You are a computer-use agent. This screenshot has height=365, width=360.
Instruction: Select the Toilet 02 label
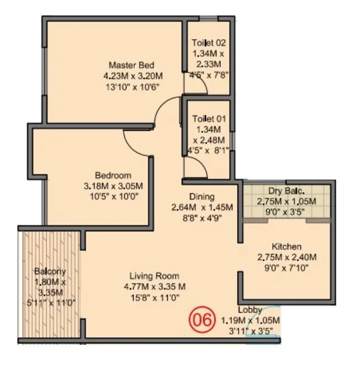click(209, 43)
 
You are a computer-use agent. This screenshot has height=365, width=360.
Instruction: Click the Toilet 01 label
click(209, 119)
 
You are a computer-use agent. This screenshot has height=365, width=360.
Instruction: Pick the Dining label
click(202, 197)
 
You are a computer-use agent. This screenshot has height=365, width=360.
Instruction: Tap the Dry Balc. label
click(287, 191)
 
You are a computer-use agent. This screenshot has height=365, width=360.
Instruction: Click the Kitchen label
click(287, 246)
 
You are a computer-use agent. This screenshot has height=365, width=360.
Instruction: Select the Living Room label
click(155, 276)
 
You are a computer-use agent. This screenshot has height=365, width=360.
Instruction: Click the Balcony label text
click(50, 271)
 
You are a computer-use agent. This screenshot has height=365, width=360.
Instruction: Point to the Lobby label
click(250, 310)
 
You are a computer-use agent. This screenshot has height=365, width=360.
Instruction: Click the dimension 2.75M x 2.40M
click(287, 257)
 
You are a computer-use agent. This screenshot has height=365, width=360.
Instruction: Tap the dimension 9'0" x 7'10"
click(286, 267)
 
